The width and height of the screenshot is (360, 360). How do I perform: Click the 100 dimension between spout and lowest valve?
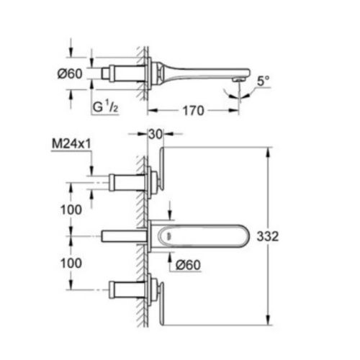pos(70,264)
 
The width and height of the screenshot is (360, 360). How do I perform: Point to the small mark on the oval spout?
pos(168,235)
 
